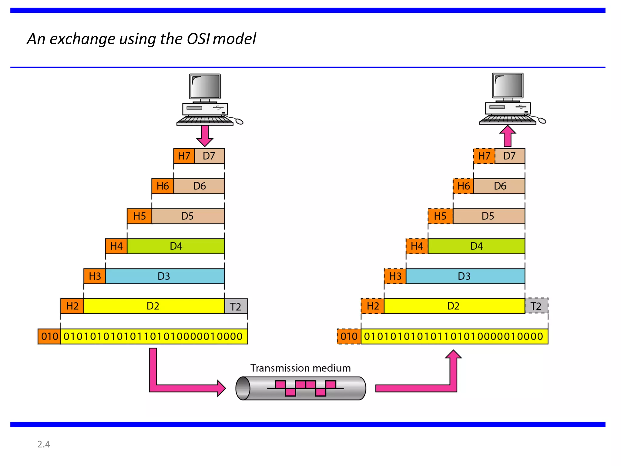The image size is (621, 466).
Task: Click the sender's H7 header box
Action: point(184,156)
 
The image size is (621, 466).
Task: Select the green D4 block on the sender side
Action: point(176,246)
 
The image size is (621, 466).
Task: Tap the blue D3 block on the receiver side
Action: point(465,276)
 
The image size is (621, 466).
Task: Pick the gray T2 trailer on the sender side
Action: point(236,306)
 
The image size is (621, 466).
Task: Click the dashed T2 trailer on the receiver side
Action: point(536,306)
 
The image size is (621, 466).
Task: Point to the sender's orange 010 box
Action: point(49,336)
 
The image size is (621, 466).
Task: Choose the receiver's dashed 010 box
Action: point(349,336)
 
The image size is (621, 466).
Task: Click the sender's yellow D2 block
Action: point(153,306)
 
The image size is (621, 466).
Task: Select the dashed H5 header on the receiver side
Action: point(440,216)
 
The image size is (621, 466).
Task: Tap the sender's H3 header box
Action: point(95,276)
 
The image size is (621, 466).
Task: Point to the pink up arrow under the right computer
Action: point(508,137)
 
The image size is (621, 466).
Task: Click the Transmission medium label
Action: point(300,368)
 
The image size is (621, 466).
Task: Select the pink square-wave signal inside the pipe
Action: point(305,388)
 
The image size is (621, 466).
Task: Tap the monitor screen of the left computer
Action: point(205,86)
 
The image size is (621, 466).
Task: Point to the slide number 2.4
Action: point(44,444)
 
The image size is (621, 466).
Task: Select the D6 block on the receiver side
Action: point(500,186)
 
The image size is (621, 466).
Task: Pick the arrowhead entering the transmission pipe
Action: point(222,388)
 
